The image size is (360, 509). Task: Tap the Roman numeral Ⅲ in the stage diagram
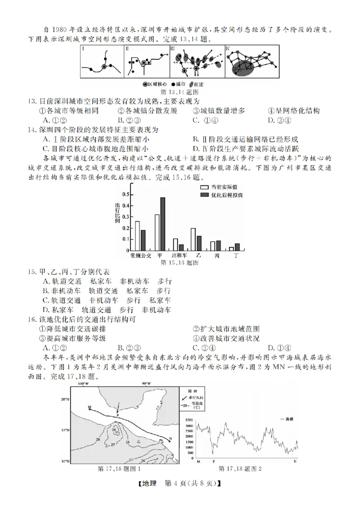(173, 48)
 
